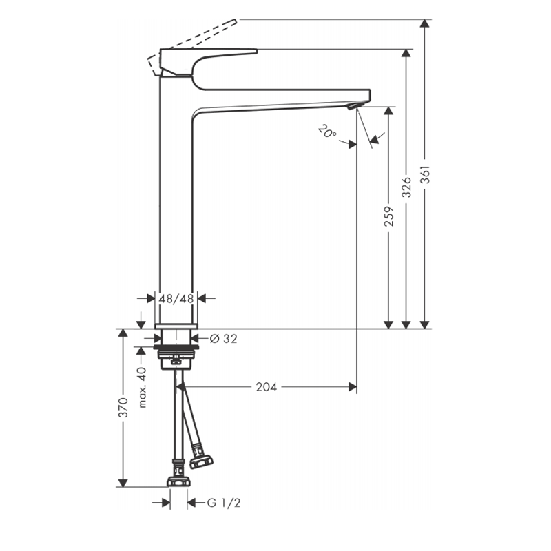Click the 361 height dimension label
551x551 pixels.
(425, 174)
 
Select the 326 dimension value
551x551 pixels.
(406, 187)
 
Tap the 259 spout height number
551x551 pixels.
(388, 216)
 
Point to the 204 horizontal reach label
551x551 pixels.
(267, 387)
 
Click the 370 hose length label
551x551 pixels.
(123, 408)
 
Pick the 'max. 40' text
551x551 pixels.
(142, 387)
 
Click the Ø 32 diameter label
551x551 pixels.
(223, 339)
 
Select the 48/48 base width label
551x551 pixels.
(176, 299)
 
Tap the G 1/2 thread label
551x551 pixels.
(224, 503)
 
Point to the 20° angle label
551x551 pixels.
(327, 132)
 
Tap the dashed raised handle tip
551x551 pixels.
(234, 22)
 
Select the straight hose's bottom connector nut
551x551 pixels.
(178, 481)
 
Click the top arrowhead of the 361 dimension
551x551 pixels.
(425, 23)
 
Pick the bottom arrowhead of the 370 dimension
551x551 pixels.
(123, 483)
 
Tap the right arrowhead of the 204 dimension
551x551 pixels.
(352, 387)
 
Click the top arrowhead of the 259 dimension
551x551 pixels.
(388, 111)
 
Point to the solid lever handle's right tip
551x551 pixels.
(256, 52)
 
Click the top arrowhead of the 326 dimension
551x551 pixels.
(406, 54)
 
